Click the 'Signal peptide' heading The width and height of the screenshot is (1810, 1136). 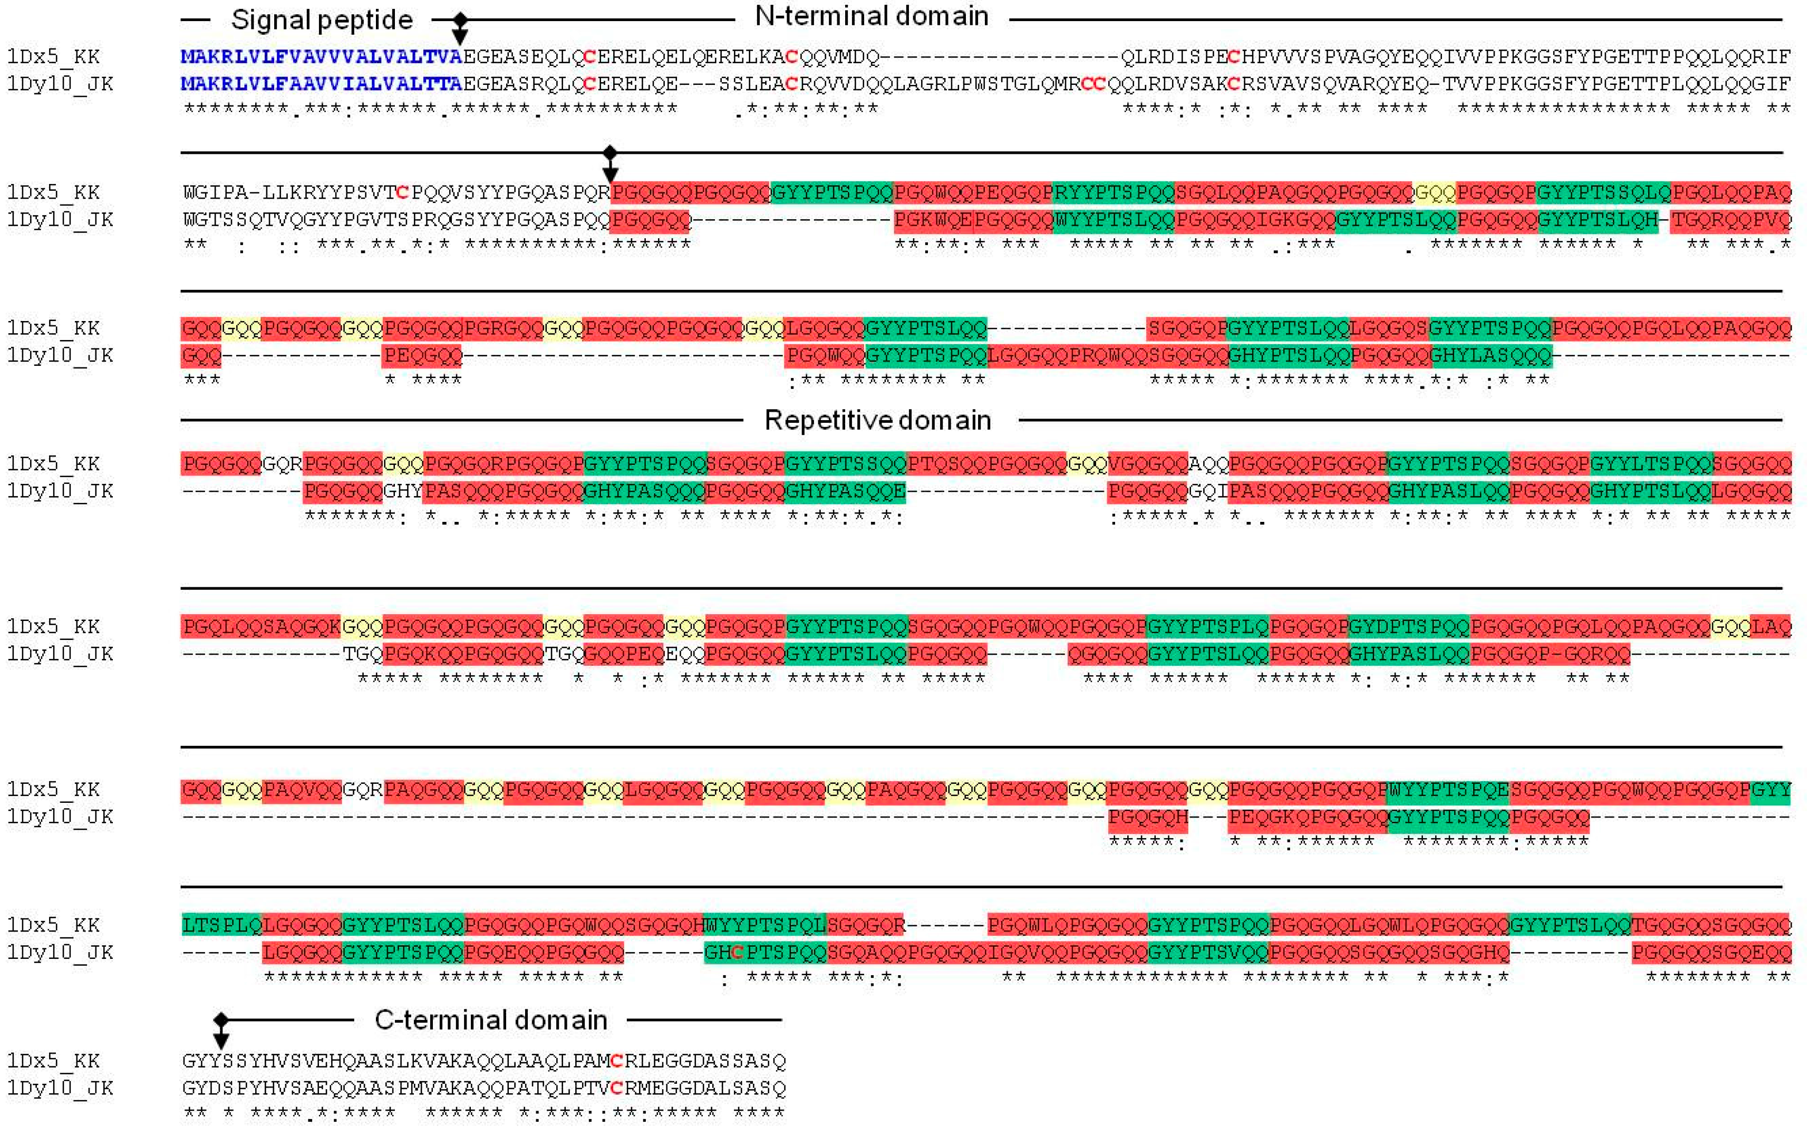[x=322, y=20]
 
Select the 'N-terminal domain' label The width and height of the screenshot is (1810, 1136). [x=871, y=16]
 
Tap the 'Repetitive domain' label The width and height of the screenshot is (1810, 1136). [x=877, y=420]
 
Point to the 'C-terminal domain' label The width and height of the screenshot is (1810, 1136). [x=491, y=1020]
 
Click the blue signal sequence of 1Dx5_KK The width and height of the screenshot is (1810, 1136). [x=322, y=57]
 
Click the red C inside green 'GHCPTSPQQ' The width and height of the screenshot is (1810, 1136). [x=737, y=953]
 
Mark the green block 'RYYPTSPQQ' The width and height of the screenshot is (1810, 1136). [x=1113, y=193]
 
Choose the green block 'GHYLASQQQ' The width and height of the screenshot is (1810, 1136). [x=1490, y=355]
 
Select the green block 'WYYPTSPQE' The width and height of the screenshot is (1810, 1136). [x=1448, y=790]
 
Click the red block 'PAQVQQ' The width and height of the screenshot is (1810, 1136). [x=302, y=790]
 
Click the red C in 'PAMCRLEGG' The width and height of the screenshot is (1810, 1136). [x=617, y=1061]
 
